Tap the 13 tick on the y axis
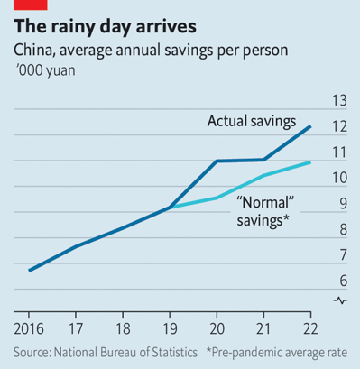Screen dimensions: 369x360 339,100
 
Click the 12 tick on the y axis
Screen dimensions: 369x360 339,126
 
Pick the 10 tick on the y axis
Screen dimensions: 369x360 339,178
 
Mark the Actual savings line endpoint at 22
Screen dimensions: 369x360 311,126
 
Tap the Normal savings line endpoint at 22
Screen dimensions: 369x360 311,162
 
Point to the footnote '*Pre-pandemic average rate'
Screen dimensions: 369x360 282,351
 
